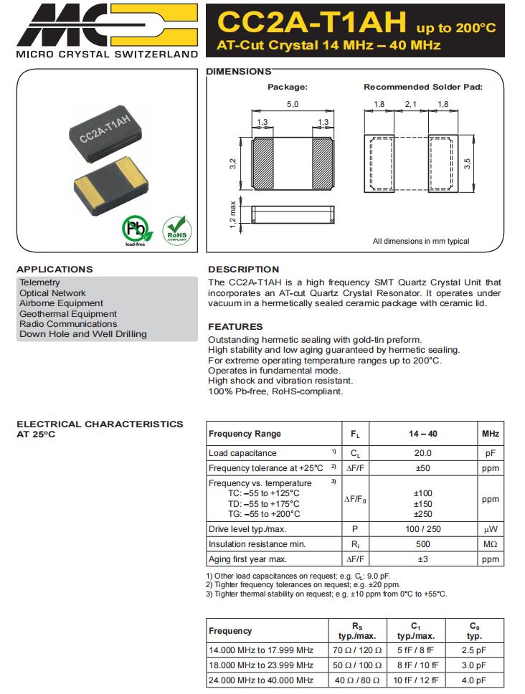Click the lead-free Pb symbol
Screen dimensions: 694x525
(x=134, y=229)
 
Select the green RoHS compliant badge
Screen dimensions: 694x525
(x=177, y=229)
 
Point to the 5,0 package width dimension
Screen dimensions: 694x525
(x=292, y=105)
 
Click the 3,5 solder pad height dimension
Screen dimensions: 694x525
(x=468, y=163)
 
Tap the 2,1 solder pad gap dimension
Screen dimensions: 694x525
(x=410, y=105)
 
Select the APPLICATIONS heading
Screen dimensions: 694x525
(x=55, y=270)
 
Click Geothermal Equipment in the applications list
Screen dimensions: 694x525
(x=68, y=313)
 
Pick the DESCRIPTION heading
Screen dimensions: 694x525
(x=243, y=270)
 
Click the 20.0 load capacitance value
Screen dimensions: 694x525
(x=423, y=453)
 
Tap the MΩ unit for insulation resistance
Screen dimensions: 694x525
(x=491, y=544)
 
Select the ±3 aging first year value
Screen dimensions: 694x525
(x=423, y=559)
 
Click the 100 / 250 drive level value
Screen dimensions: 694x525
(x=423, y=529)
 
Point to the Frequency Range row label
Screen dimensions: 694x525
(x=245, y=434)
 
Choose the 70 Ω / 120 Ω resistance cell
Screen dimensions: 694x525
(x=357, y=650)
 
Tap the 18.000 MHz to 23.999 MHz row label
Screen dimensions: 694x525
(x=261, y=665)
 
